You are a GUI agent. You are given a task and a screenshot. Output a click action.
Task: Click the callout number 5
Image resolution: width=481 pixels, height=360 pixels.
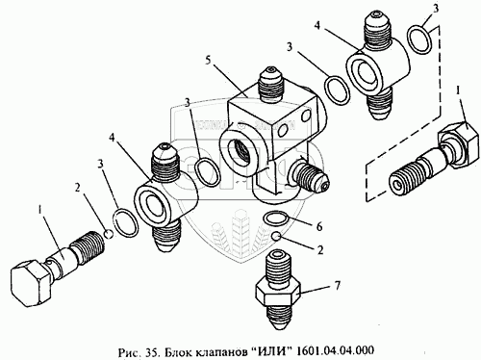pyautogui.click(x=209, y=61)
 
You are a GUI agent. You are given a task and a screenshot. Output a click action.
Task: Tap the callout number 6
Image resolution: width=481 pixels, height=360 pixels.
pyautogui.click(x=319, y=227)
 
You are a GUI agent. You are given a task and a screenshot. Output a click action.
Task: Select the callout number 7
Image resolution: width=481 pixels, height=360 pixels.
pyautogui.click(x=337, y=285)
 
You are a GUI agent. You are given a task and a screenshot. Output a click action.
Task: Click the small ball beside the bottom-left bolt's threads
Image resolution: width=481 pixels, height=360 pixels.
pyautogui.click(x=109, y=234)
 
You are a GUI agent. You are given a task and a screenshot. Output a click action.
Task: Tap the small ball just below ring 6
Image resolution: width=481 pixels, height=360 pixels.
pyautogui.click(x=276, y=237)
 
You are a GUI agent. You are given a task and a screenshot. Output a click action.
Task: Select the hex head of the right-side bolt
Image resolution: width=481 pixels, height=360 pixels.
pyautogui.click(x=460, y=142)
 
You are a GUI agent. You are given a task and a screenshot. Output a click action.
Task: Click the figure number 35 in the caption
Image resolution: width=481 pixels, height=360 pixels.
pyautogui.click(x=150, y=350)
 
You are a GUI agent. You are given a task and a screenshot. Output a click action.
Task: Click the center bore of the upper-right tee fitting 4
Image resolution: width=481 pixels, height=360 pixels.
pyautogui.click(x=367, y=71)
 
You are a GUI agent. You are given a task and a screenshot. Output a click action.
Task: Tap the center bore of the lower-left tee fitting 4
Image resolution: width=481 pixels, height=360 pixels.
pyautogui.click(x=154, y=206)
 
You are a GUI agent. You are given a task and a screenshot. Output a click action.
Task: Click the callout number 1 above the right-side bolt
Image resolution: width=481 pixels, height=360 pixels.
pyautogui.click(x=458, y=91)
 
